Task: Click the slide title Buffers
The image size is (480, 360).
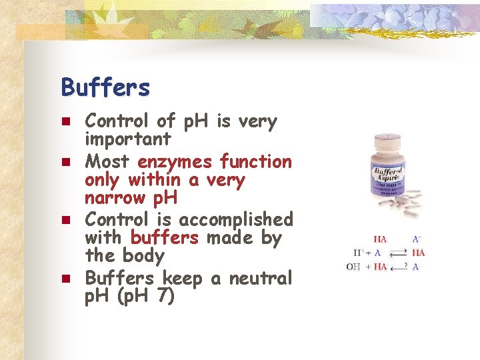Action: [x=105, y=87]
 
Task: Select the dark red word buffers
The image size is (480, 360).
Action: [x=165, y=238]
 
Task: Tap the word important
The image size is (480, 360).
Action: [x=128, y=140]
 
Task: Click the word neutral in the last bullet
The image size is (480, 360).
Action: [x=261, y=278]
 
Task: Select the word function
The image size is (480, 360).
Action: [x=256, y=162]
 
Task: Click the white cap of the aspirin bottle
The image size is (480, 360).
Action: [x=386, y=140]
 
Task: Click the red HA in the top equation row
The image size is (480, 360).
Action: [x=379, y=239]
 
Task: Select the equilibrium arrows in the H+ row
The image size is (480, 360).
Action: [x=398, y=253]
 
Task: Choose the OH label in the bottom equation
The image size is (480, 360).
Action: [x=354, y=267]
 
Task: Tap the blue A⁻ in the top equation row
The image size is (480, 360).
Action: [x=417, y=239]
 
